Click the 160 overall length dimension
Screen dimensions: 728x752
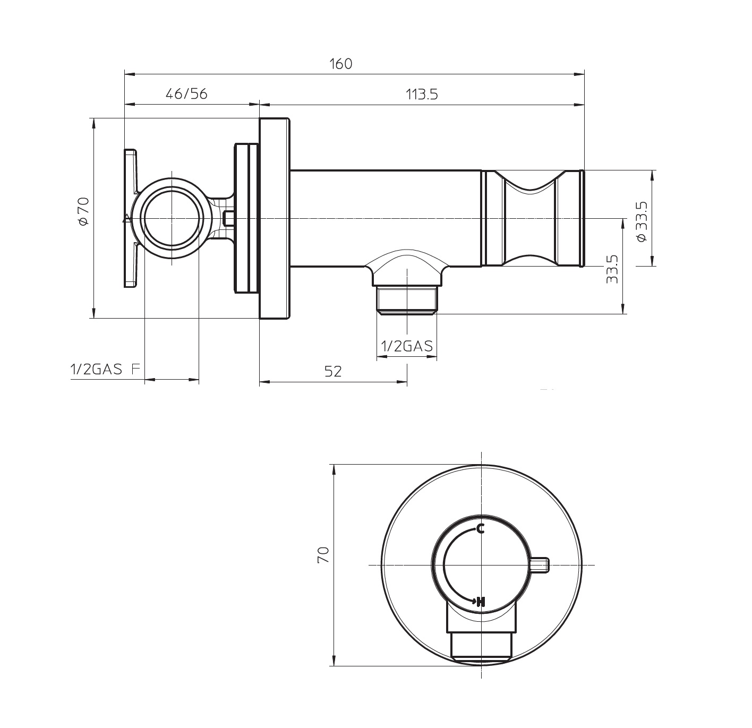click(340, 64)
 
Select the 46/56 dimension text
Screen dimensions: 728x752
click(186, 94)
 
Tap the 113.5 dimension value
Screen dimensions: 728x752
click(422, 95)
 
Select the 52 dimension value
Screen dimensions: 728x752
click(333, 371)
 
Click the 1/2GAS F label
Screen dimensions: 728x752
click(104, 370)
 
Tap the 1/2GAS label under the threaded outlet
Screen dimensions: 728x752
click(407, 346)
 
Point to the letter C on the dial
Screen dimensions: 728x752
click(480, 528)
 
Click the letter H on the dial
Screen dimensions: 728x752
click(481, 601)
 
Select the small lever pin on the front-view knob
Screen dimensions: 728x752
click(540, 565)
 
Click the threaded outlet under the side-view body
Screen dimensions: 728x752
click(406, 299)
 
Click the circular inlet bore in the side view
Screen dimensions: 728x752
click(172, 219)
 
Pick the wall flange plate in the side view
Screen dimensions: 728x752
click(275, 218)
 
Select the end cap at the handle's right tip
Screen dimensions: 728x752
click(582, 218)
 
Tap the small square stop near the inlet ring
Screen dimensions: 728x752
click(229, 218)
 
